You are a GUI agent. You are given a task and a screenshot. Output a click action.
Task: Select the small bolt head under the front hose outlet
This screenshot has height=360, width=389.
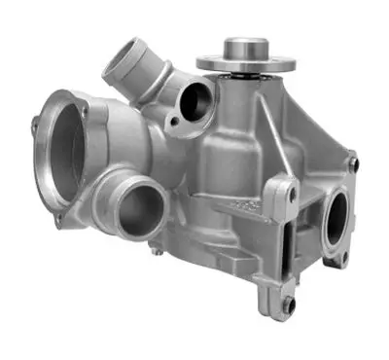click(x=153, y=251)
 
